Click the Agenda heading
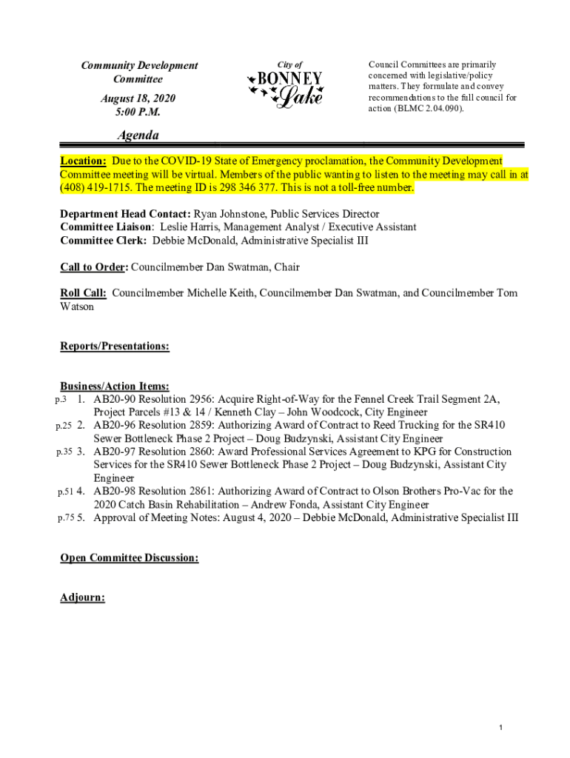pyautogui.click(x=138, y=135)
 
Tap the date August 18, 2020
pyautogui.click(x=138, y=98)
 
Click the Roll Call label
pyautogui.click(x=83, y=293)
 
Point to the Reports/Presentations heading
pyautogui.click(x=115, y=346)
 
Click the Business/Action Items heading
pyautogui.click(x=115, y=386)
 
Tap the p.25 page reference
pyautogui.click(x=64, y=426)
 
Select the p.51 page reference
pyautogui.click(x=64, y=491)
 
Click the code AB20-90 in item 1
pyautogui.click(x=115, y=399)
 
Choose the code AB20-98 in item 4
pyautogui.click(x=115, y=491)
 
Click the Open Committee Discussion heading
pyautogui.click(x=130, y=558)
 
